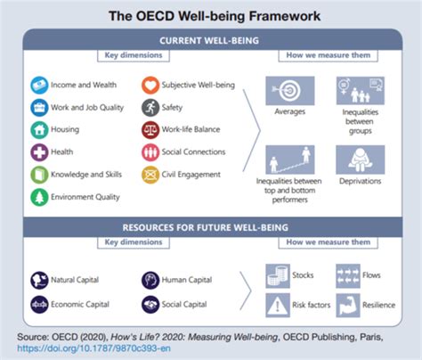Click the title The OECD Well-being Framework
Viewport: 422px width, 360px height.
(211, 15)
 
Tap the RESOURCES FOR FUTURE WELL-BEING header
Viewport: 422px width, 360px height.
(211, 226)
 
